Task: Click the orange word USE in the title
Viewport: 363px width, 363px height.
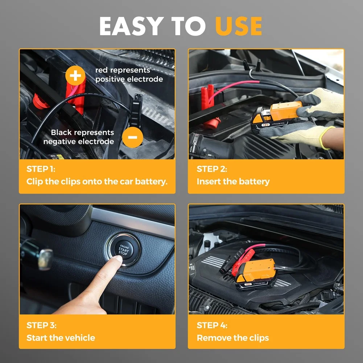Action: point(239,26)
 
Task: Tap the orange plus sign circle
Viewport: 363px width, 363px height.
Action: point(75,76)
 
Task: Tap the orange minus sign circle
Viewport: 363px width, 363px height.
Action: point(132,137)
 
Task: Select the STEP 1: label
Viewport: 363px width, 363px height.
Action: point(41,169)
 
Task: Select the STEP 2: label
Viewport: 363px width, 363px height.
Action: point(212,169)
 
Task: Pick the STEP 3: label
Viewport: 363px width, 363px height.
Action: point(41,325)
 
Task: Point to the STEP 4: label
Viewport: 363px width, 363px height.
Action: point(212,325)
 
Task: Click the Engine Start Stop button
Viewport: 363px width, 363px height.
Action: point(123,250)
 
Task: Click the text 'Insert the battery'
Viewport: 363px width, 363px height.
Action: point(233,181)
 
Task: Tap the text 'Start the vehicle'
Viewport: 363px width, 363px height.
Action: point(61,338)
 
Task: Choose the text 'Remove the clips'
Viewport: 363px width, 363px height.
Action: point(233,338)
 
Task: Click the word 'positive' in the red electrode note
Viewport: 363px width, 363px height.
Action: point(110,79)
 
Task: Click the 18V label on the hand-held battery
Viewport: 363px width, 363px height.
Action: point(266,125)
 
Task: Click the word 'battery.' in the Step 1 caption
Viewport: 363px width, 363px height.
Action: point(151,181)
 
